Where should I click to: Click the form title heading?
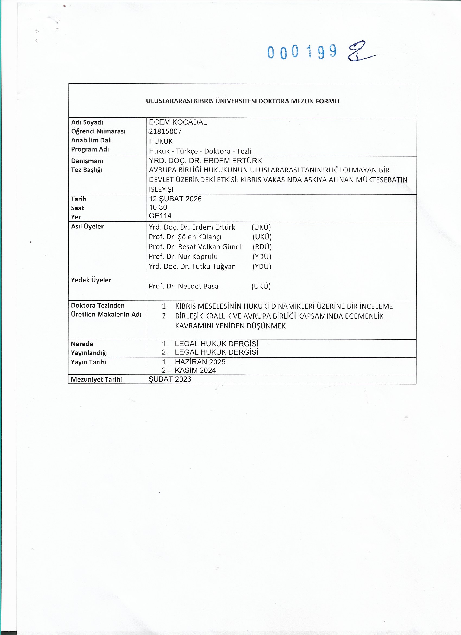point(242,101)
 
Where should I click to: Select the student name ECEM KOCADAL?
point(178,122)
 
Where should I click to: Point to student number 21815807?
point(165,131)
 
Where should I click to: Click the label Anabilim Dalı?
point(91,140)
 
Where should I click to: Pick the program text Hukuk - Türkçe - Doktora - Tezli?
point(200,151)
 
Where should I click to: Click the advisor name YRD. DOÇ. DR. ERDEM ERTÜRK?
point(205,161)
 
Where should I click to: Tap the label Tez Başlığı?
point(87,170)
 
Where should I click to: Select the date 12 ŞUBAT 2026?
point(175,199)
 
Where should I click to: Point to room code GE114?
point(160,216)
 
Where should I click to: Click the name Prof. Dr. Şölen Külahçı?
point(185,237)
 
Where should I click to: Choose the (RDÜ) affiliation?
point(262,247)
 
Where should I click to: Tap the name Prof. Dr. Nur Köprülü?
point(183,256)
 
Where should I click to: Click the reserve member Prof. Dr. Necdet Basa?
point(183,286)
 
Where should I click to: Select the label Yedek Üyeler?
point(91,280)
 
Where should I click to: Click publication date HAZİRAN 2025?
point(200,362)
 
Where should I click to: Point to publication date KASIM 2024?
point(195,370)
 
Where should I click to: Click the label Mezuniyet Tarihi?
point(96,379)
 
